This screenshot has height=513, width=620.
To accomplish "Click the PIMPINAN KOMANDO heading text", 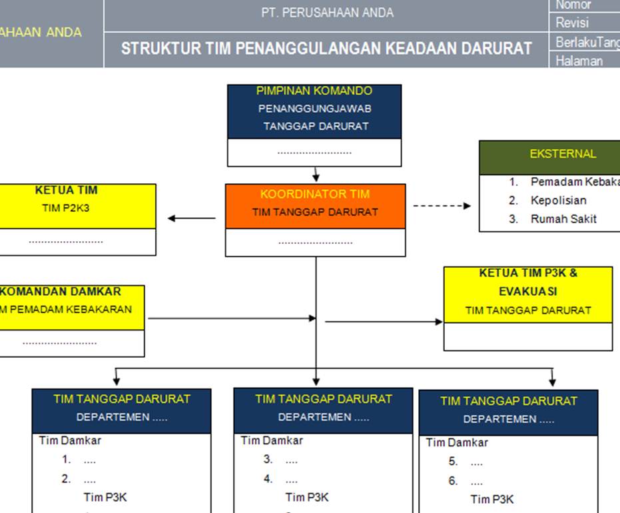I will (314, 91).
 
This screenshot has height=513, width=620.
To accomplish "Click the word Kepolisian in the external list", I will (558, 200).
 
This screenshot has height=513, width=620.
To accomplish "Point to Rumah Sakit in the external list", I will (563, 219).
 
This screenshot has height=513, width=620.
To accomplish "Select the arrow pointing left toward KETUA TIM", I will (190, 218).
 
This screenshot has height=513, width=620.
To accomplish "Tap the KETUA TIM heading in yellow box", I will (66, 190).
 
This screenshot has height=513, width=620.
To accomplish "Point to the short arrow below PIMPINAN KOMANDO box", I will (316, 175).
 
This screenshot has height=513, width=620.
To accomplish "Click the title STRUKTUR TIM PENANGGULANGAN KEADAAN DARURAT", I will (326, 49).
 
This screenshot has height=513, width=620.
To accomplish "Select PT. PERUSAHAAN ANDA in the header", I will (327, 13).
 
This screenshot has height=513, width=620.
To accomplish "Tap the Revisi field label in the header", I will (572, 23).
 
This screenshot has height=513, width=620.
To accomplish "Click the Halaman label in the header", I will (579, 61).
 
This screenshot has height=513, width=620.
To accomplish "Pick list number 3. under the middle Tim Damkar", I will (268, 459).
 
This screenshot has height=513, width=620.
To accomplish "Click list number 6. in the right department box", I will (453, 480).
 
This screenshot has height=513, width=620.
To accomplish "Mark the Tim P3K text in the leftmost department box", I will (105, 497).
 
